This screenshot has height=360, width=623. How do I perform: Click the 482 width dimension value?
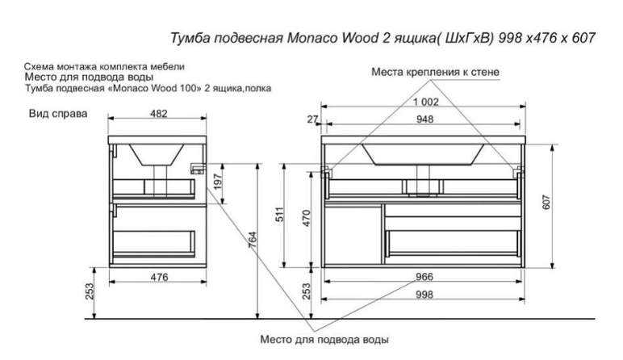pos(159,114)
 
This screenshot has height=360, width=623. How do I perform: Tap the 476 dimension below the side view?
pos(159,277)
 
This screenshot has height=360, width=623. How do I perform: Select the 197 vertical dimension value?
pos(217,182)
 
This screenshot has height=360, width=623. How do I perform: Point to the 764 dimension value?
pos(253,240)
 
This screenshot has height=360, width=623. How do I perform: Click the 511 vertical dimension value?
pos(281,215)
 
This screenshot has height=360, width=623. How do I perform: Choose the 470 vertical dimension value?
pos(307,218)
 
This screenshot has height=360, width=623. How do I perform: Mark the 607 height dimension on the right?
pos(546,203)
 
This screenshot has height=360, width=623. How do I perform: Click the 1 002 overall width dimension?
pos(425,103)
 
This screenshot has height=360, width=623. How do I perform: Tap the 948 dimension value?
pos(424,119)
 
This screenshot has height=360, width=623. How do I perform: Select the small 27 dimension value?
pos(312,119)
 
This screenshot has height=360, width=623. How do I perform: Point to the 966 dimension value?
pos(424,277)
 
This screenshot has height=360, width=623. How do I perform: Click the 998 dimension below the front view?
pos(424,295)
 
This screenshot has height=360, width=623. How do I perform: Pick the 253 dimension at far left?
pos(90,291)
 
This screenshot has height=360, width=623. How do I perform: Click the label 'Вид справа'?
pos(58,114)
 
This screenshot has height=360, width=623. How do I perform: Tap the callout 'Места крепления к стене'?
pos(435,73)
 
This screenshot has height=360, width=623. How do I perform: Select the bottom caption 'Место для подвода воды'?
pos(324,340)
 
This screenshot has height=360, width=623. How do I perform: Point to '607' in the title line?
pos(583,38)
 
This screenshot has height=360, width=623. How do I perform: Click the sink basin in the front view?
pos(423,154)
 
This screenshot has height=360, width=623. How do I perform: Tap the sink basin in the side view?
pos(156,154)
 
